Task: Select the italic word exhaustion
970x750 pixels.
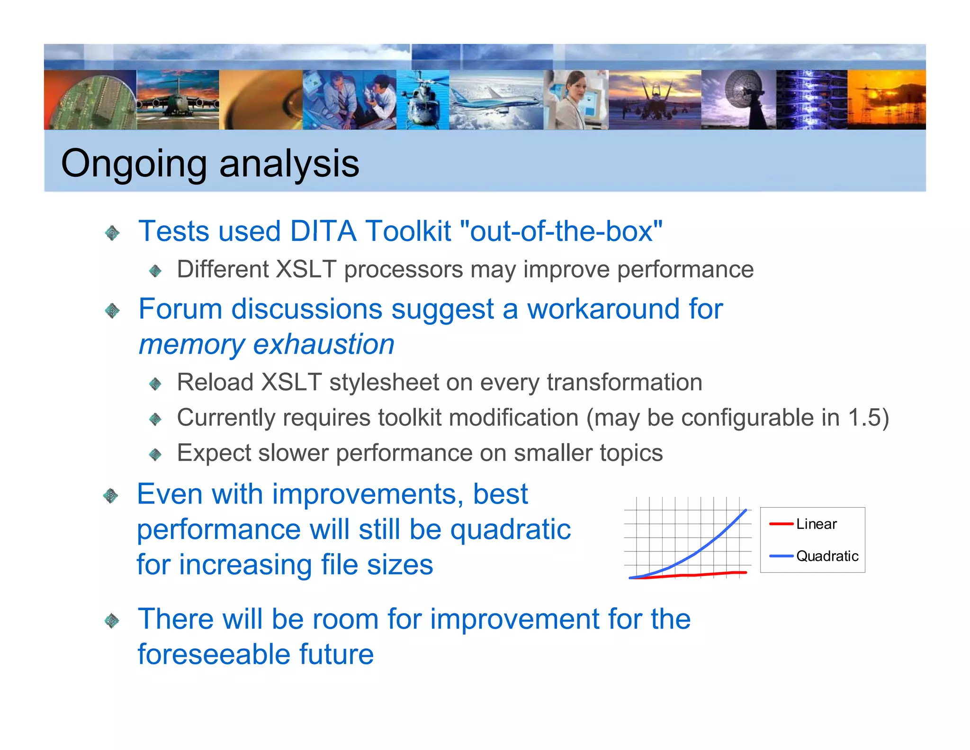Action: pos(323,344)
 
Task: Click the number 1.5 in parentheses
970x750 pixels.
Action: pos(863,418)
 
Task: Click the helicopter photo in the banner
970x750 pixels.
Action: pos(422,100)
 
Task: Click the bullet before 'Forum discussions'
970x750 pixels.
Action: pos(112,311)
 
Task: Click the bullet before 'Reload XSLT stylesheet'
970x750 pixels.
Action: pos(155,384)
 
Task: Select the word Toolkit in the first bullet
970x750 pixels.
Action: pos(408,231)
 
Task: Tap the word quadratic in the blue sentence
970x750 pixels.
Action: pos(510,530)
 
